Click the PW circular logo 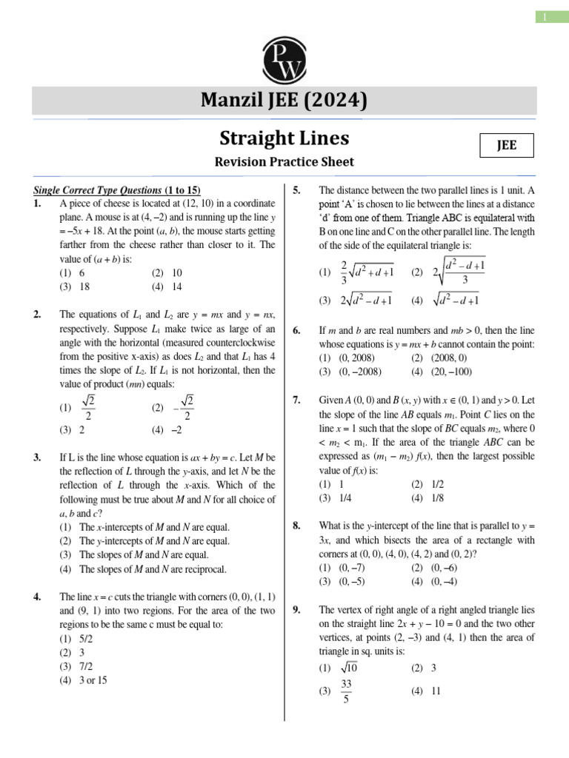[284, 58]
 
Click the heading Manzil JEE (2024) [284, 100]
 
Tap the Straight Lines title [284, 138]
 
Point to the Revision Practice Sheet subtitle [284, 162]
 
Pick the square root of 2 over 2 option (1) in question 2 [81, 406]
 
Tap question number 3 [37, 457]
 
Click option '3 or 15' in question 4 [84, 680]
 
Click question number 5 [296, 189]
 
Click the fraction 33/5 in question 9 [345, 691]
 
